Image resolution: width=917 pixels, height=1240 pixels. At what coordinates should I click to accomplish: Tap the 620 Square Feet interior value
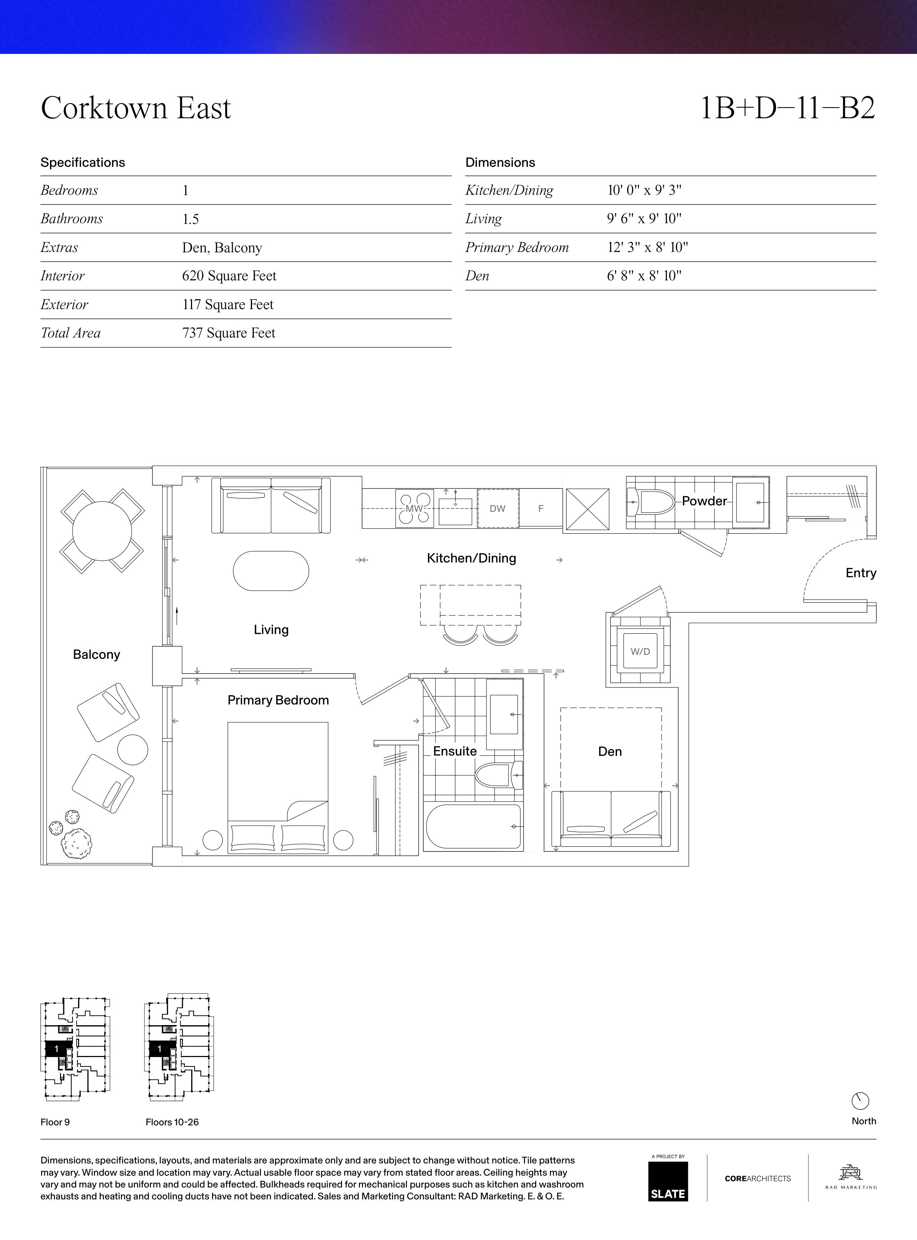pyautogui.click(x=229, y=276)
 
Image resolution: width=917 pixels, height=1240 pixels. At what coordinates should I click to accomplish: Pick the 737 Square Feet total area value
pyautogui.click(x=229, y=333)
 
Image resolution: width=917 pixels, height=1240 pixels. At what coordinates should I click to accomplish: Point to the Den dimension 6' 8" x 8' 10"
pyautogui.click(x=644, y=276)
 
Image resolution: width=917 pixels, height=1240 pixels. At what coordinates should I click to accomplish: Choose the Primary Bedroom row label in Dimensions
pyautogui.click(x=517, y=247)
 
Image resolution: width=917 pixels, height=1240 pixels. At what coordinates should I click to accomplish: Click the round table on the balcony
pyautogui.click(x=102, y=531)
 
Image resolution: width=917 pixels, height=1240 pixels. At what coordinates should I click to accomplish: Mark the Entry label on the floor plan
pyautogui.click(x=861, y=573)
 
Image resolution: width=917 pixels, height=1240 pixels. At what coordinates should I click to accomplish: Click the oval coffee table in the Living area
pyautogui.click(x=271, y=571)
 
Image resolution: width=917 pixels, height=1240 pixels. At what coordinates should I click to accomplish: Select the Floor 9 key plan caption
pyautogui.click(x=55, y=1122)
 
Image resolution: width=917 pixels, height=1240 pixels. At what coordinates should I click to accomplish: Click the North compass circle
pyautogui.click(x=860, y=1101)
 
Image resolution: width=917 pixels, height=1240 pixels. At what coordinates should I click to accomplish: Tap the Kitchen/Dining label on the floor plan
pyautogui.click(x=471, y=558)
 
